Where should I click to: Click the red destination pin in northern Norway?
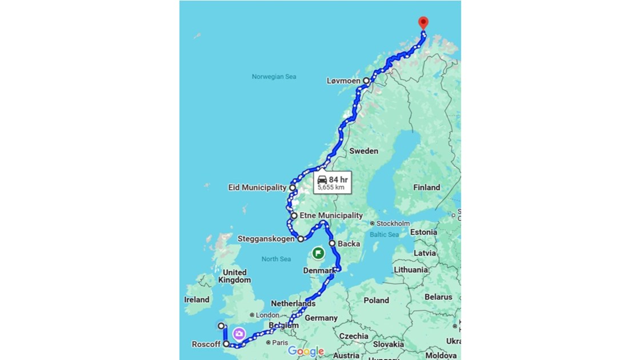coord(423,22)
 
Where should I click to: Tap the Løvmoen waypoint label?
coord(343,81)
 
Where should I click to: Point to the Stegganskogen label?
coord(267,239)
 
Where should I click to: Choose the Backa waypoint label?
coord(349,243)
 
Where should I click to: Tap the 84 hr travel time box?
coord(332,182)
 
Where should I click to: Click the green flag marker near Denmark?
coord(318,253)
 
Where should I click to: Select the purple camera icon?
coord(239,334)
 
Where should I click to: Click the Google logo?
coord(306,351)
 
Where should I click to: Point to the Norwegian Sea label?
coord(274,77)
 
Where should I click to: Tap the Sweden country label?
coord(364,151)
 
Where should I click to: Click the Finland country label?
coord(427,187)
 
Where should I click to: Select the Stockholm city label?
coord(393,223)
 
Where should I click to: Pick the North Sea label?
coord(277,259)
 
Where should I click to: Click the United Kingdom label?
coord(234,276)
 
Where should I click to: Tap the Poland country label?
coord(376,300)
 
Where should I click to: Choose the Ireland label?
coord(197,299)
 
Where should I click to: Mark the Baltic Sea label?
coord(385,234)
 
